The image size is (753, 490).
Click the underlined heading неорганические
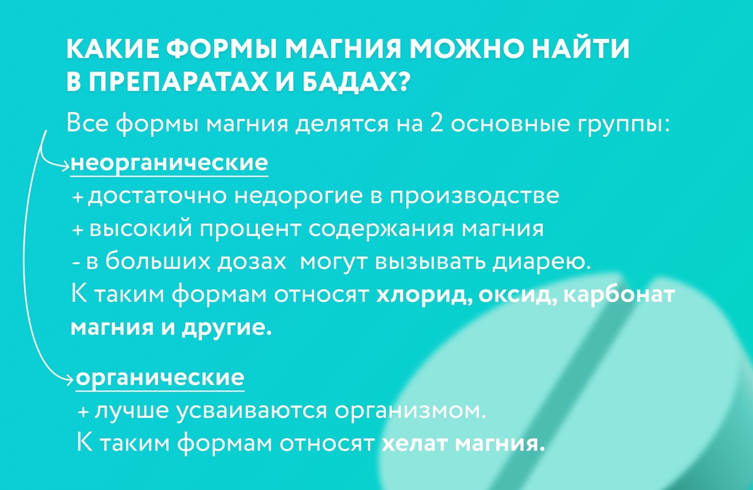coord(169,163)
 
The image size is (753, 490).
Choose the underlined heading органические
coord(160,377)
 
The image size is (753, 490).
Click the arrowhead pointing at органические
coord(69,379)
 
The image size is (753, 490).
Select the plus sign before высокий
coord(78,230)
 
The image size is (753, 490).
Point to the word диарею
coord(542,262)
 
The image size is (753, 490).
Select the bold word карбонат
coord(619,295)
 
